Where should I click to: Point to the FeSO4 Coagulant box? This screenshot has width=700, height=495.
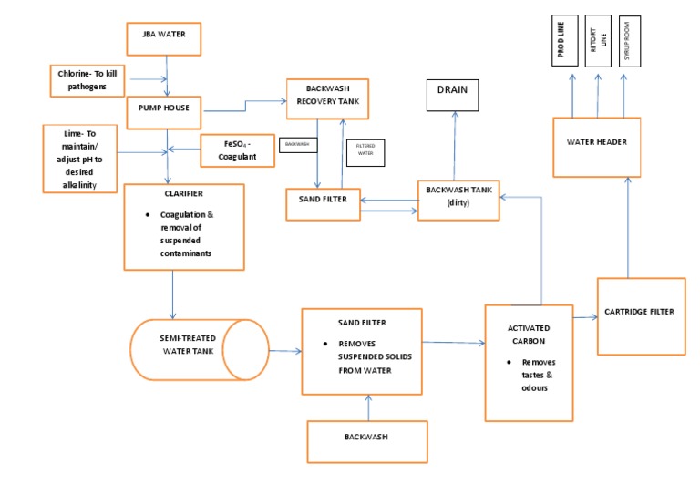click(x=236, y=150)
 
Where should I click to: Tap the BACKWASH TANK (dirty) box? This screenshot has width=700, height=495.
click(x=458, y=200)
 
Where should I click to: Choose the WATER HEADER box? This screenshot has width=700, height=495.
click(x=597, y=141)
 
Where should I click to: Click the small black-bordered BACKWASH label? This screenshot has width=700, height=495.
click(x=297, y=144)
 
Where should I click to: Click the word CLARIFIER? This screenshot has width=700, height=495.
click(x=183, y=194)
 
